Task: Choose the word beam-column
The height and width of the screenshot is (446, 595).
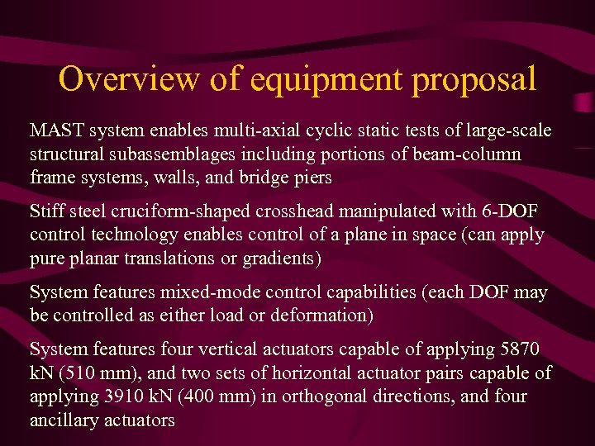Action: (x=472, y=154)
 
